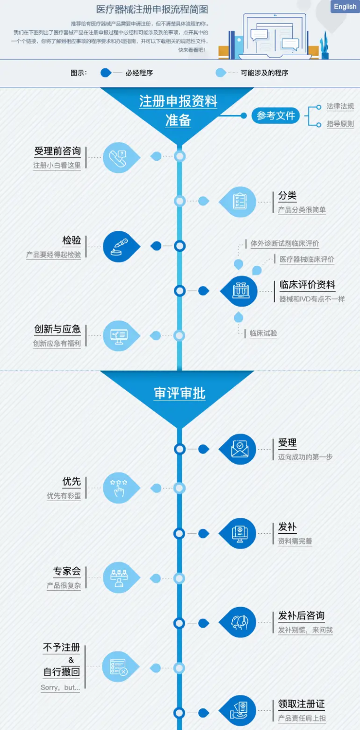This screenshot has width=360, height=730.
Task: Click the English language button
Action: tap(345, 7)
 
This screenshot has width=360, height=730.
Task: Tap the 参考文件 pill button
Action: tap(276, 116)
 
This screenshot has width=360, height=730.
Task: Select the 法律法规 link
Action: tap(340, 106)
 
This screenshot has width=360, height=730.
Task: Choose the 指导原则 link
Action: tap(340, 124)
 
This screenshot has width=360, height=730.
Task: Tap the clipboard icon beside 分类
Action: tap(240, 202)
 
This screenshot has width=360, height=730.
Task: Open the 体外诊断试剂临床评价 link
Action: tap(285, 243)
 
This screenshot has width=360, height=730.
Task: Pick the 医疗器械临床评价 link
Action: tap(307, 259)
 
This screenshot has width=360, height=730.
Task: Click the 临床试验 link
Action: tap(263, 333)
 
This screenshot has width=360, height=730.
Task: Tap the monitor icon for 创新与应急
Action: tap(119, 336)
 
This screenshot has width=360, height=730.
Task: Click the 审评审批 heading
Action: tap(180, 394)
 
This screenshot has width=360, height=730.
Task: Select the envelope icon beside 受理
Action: tap(240, 449)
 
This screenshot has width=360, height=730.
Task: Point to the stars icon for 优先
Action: tap(119, 488)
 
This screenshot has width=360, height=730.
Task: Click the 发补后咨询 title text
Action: tap(301, 616)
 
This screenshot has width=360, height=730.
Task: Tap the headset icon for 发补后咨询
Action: tap(240, 622)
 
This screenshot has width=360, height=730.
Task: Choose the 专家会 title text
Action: tap(67, 571)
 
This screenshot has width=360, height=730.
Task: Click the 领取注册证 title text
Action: tap(301, 704)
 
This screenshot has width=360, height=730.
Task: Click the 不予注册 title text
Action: tap(61, 647)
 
